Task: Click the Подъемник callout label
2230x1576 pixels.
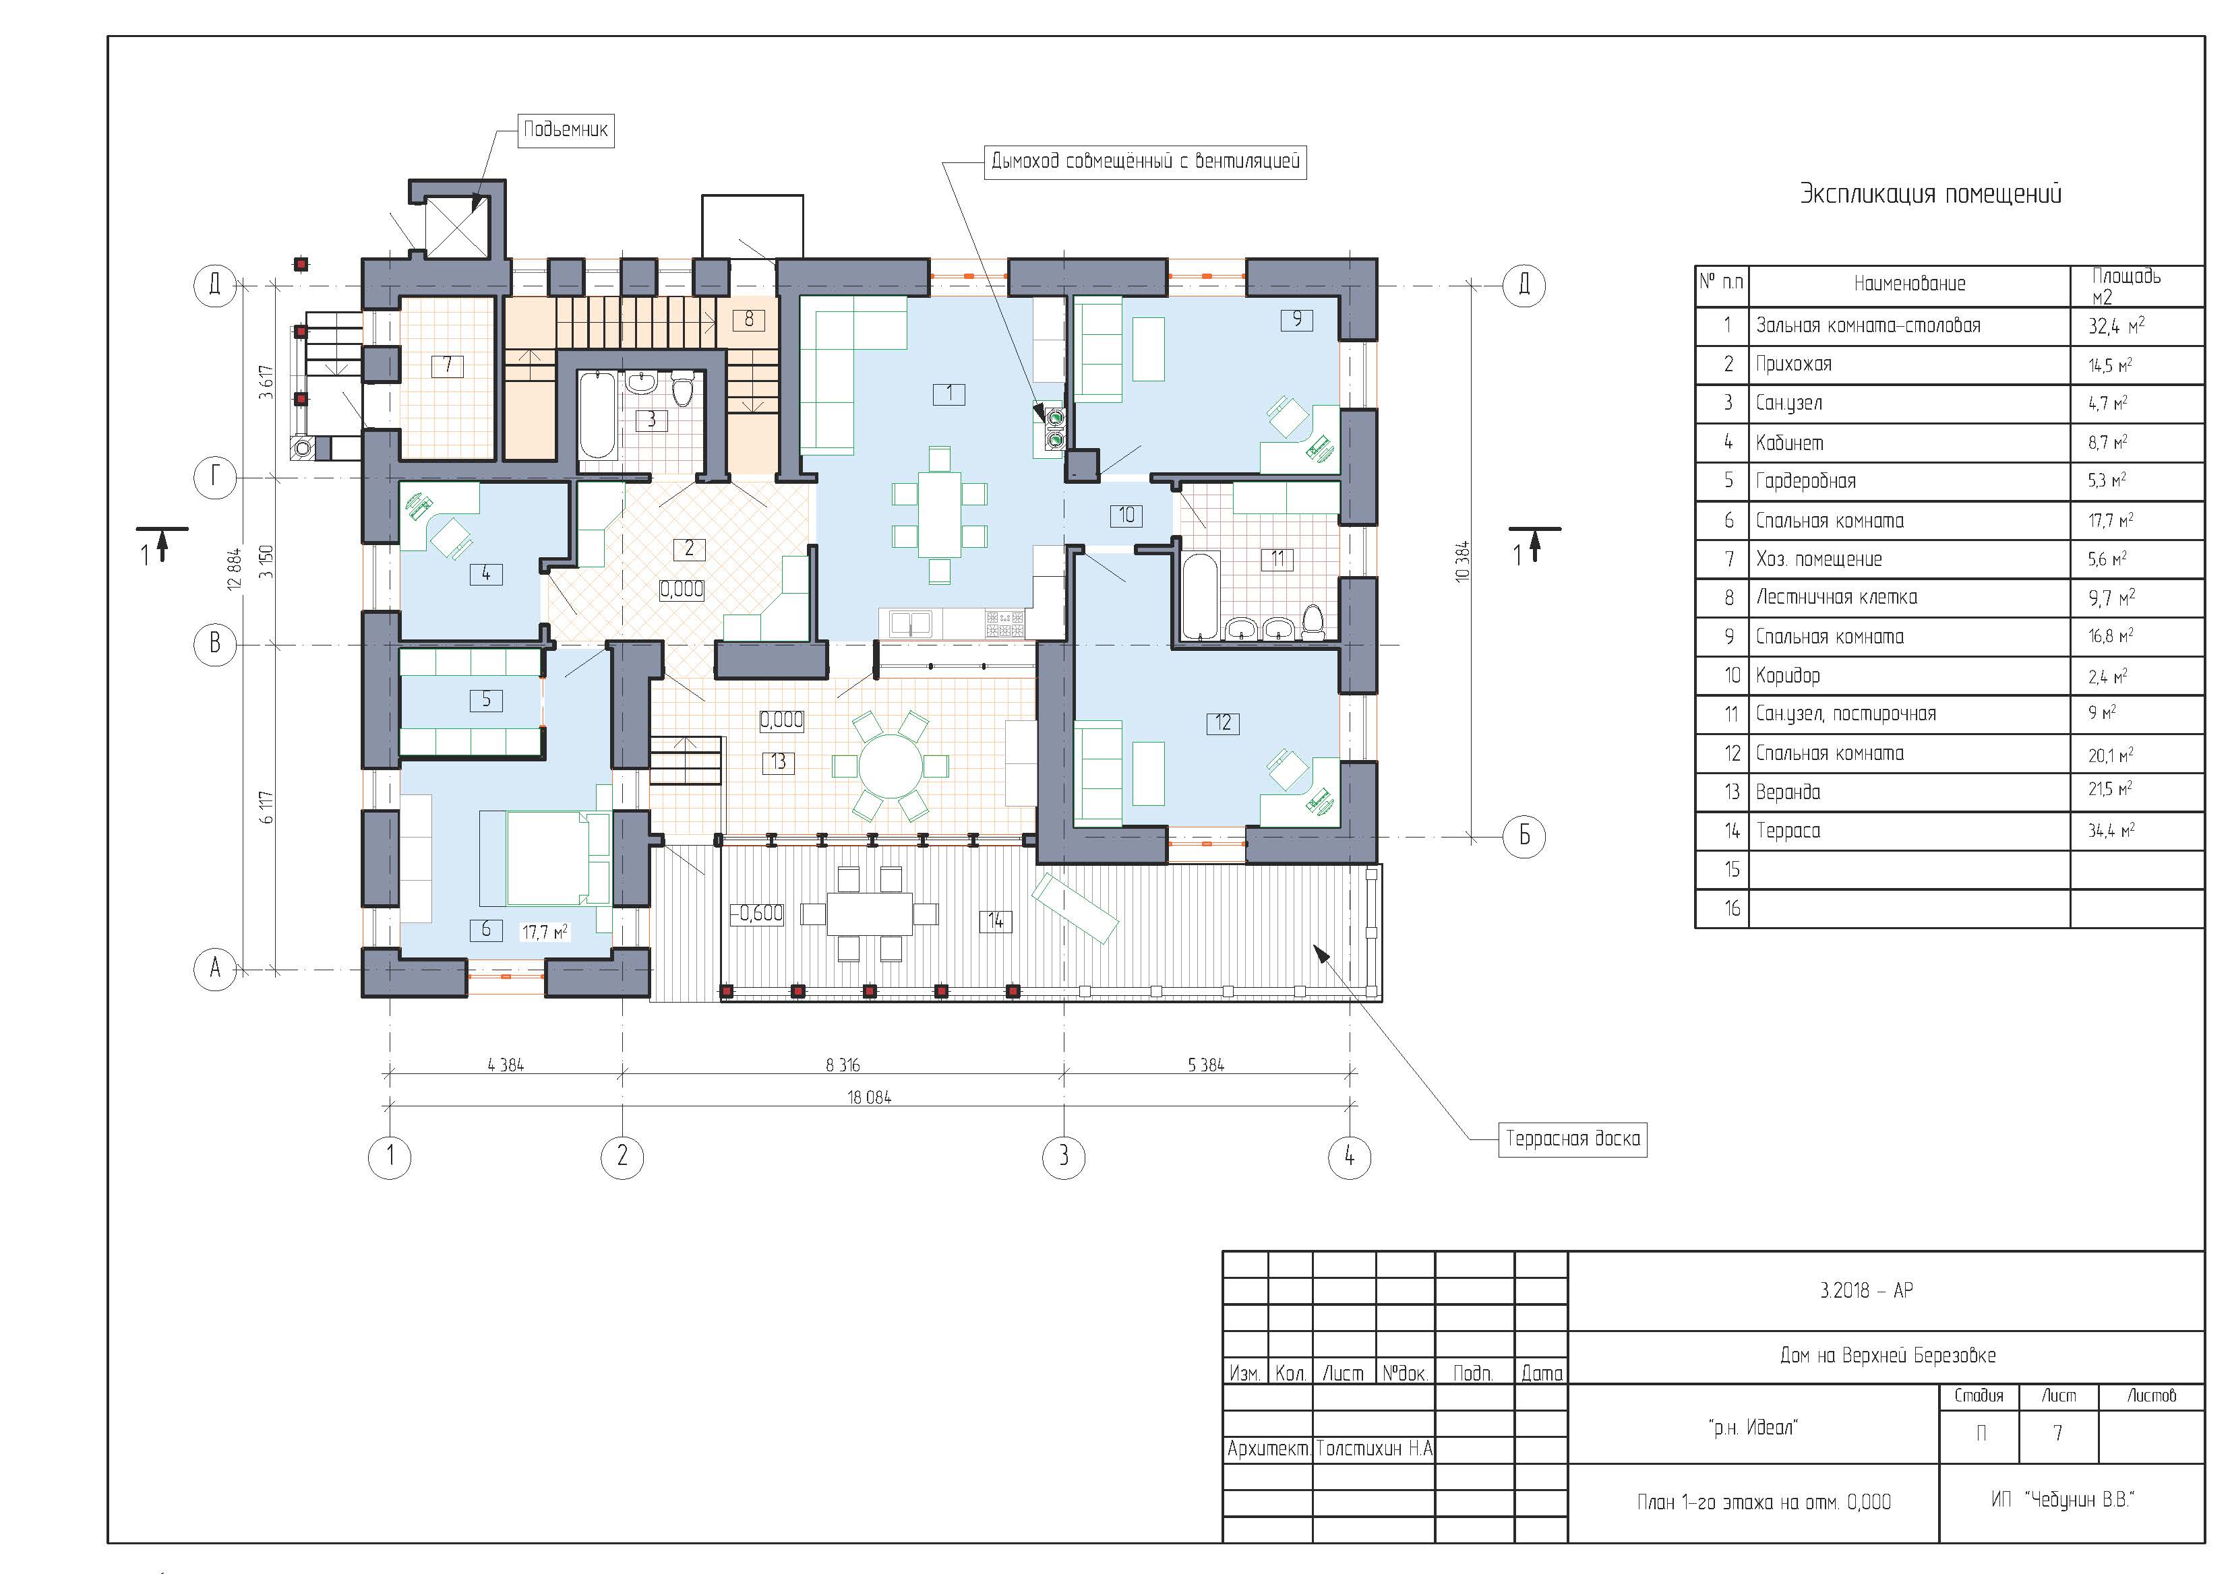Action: point(566,129)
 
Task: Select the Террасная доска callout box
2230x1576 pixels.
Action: point(1573,1138)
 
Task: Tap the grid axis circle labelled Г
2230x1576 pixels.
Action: point(216,477)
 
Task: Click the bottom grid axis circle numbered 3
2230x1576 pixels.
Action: point(1064,1156)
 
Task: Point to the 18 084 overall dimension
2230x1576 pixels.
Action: point(869,1098)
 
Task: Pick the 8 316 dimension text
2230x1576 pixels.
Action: point(843,1065)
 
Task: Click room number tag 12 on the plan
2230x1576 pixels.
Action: point(1223,722)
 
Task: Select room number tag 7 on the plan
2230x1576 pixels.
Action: point(447,365)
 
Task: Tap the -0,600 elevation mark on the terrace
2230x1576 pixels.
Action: point(756,914)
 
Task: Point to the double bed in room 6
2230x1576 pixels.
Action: point(544,858)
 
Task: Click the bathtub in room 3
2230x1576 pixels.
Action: point(597,416)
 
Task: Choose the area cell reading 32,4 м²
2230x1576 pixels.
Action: point(2116,326)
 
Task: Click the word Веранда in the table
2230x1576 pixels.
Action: point(1788,792)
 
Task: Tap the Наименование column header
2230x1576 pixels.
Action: point(1910,284)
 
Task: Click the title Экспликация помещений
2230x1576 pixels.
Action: point(1931,194)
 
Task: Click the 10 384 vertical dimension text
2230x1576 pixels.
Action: point(1463,561)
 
